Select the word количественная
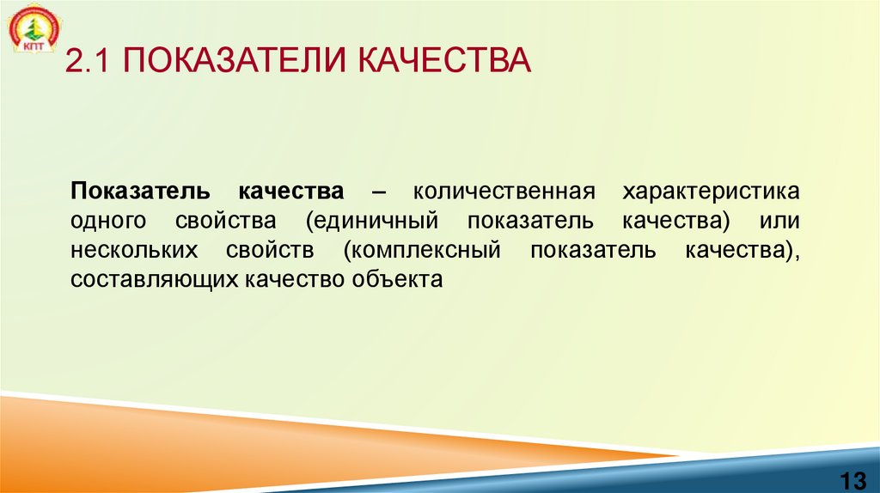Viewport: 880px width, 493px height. (503, 190)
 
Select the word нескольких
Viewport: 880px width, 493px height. (137, 251)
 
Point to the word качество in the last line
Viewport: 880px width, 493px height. (296, 280)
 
